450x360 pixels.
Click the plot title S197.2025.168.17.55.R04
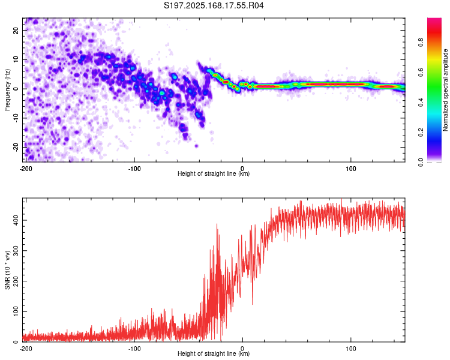click(x=214, y=5)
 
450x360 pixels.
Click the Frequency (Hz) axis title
click(x=7, y=90)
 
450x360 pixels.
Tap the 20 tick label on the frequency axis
click(x=16, y=30)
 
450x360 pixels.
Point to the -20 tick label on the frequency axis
click(x=16, y=147)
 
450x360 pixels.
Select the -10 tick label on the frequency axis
click(x=16, y=118)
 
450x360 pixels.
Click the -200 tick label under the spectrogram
click(x=26, y=169)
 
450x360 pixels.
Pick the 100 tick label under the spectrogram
click(x=351, y=169)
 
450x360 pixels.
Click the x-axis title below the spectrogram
click(x=214, y=173)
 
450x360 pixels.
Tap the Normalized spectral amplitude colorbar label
click(x=445, y=90)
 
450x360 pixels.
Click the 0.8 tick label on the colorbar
click(x=421, y=43)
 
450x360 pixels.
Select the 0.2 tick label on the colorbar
click(x=421, y=133)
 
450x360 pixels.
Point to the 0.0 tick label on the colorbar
click(x=421, y=162)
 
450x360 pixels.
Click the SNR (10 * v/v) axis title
click(x=7, y=270)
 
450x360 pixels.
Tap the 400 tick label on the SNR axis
click(x=16, y=220)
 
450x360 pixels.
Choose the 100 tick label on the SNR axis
click(x=16, y=311)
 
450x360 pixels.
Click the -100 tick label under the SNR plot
click(x=134, y=349)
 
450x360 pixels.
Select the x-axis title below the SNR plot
click(x=214, y=353)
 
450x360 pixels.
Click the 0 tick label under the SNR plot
click(x=242, y=349)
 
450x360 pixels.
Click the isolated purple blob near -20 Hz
click(x=197, y=146)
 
